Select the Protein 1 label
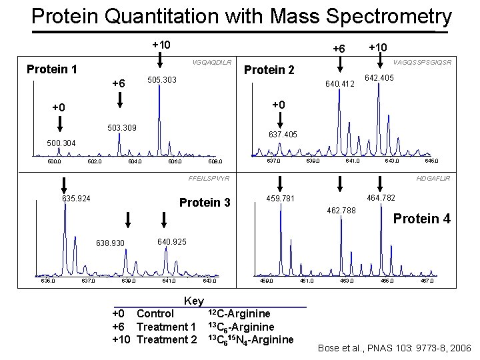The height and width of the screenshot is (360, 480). (x=51, y=69)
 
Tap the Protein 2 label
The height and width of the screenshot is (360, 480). (x=270, y=70)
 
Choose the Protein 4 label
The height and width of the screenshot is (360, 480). (x=422, y=219)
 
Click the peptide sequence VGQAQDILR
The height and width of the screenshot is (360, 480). (x=211, y=63)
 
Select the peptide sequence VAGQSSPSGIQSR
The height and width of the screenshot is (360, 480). (x=423, y=63)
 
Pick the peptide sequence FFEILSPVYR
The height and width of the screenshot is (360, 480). (x=209, y=179)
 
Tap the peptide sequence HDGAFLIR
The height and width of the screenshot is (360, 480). (x=433, y=179)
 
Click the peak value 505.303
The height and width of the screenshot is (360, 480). (x=161, y=80)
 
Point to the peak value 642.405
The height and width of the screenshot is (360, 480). (x=379, y=78)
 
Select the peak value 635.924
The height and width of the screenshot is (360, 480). (x=77, y=198)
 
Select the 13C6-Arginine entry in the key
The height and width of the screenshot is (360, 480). (x=241, y=327)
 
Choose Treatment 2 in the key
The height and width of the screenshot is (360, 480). (x=166, y=340)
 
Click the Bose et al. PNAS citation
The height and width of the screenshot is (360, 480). (x=395, y=348)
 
